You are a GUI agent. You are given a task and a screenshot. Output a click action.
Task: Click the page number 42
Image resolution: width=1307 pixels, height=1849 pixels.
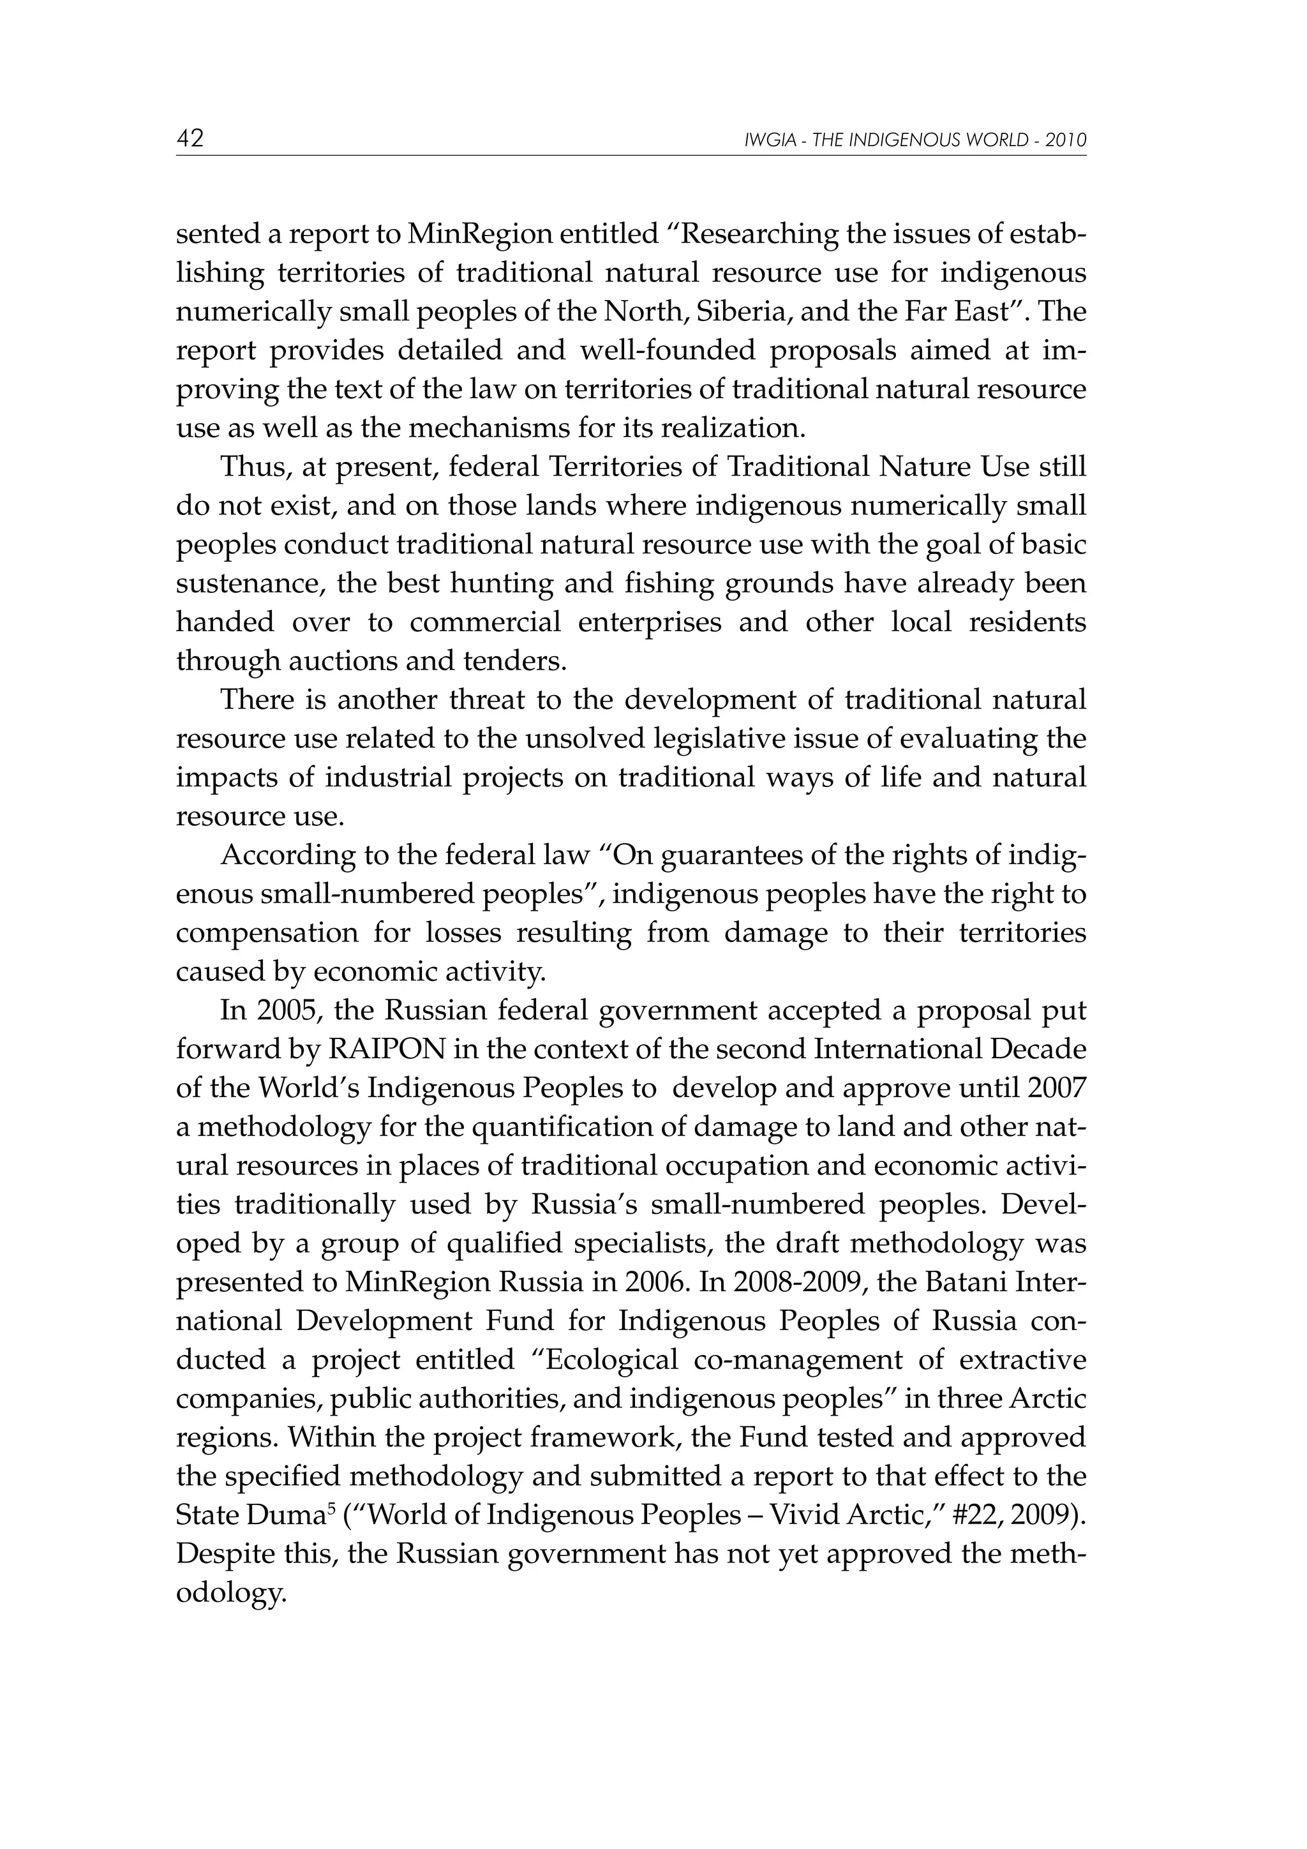[190, 138]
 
